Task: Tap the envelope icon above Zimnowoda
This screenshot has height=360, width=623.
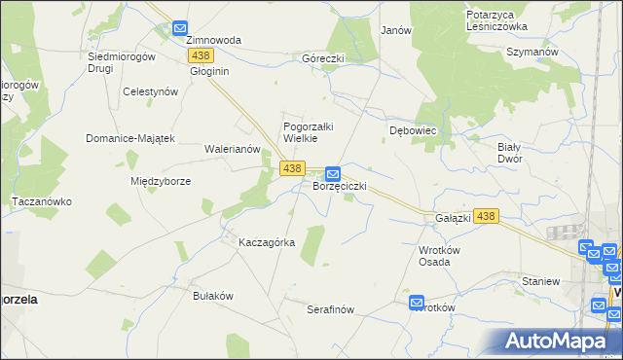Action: pyautogui.click(x=180, y=29)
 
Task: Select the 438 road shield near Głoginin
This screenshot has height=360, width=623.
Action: pyautogui.click(x=202, y=55)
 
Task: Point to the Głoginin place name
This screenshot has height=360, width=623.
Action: pyautogui.click(x=209, y=71)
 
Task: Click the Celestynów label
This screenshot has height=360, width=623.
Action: pyautogui.click(x=150, y=90)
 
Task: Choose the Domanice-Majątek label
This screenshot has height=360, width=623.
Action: pyautogui.click(x=129, y=138)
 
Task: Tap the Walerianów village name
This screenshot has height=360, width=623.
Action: pyautogui.click(x=232, y=149)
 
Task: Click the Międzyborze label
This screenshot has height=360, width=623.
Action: pyautogui.click(x=160, y=181)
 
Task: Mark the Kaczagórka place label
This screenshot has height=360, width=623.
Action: pyautogui.click(x=267, y=242)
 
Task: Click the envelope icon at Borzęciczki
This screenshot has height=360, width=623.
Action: pyautogui.click(x=333, y=172)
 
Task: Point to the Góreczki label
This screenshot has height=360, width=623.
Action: pyautogui.click(x=323, y=58)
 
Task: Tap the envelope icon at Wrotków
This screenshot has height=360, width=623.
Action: pyautogui.click(x=417, y=303)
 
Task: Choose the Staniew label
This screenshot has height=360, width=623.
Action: pyautogui.click(x=540, y=280)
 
